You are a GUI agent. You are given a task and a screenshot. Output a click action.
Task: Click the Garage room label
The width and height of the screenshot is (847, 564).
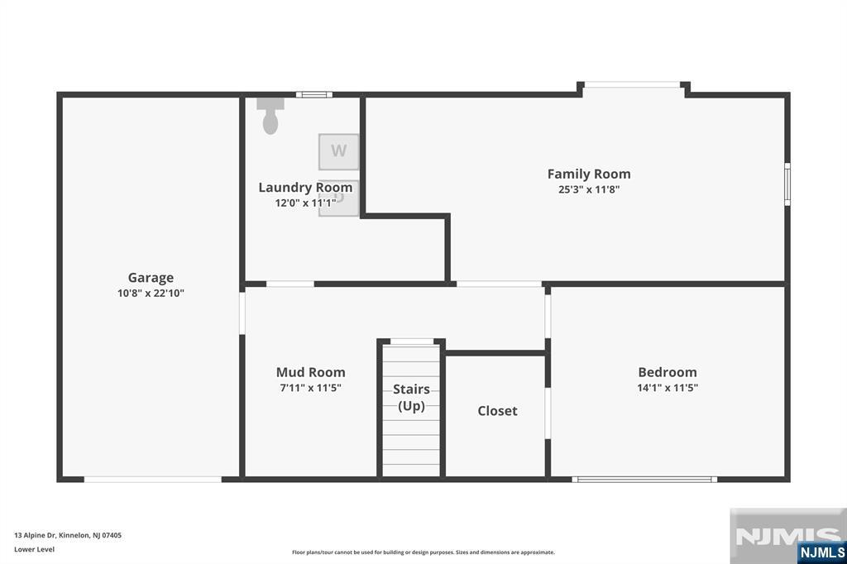tap(151, 278)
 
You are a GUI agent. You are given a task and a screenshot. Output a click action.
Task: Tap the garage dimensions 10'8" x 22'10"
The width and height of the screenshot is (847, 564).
tap(151, 294)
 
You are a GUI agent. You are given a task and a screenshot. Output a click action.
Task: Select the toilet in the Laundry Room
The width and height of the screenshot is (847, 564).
tap(270, 116)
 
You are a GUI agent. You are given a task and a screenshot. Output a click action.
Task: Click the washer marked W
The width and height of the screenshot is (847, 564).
tap(338, 152)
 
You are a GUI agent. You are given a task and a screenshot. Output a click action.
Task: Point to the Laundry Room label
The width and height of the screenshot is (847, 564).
tap(305, 188)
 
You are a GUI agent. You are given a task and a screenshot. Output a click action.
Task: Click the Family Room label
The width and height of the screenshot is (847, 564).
tap(589, 174)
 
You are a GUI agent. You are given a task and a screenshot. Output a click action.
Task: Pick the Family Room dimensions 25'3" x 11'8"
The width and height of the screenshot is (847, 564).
tap(589, 189)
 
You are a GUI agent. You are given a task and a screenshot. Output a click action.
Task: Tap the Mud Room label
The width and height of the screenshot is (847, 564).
tap(311, 372)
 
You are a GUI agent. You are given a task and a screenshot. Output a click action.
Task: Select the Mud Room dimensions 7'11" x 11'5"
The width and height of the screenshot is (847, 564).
tap(311, 388)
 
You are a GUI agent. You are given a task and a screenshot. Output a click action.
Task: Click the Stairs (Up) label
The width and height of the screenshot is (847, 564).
tap(411, 398)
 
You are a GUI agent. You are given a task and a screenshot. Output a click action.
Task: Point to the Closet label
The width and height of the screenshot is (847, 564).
tap(497, 411)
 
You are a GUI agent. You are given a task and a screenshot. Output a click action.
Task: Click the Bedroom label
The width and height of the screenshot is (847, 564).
tap(668, 372)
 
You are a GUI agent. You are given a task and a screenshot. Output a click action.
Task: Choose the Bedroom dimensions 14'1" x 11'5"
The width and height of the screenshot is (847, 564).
tap(668, 388)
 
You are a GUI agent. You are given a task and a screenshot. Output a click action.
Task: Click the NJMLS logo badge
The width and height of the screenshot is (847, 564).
tap(821, 552)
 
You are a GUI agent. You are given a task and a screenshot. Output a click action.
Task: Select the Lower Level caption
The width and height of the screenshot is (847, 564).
tap(34, 549)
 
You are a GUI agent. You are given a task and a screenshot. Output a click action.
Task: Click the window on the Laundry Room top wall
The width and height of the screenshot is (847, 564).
tap(313, 94)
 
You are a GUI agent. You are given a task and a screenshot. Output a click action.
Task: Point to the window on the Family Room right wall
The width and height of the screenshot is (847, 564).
tap(787, 184)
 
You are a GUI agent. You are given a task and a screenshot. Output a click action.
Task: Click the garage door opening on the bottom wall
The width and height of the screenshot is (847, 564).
tap(153, 480)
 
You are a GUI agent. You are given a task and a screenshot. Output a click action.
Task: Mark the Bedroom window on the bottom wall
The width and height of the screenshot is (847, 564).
tap(644, 480)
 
